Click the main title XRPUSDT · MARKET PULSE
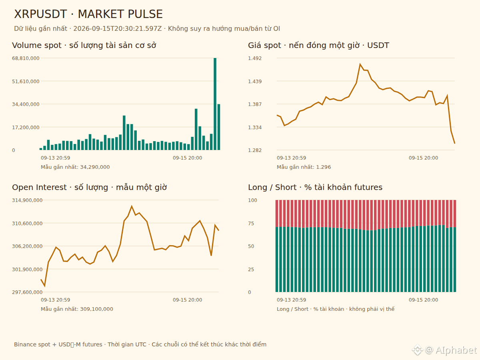[88, 14]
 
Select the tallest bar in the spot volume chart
[215, 104]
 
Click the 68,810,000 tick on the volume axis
[26, 58]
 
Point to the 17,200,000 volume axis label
[26, 127]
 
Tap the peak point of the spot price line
[360, 64]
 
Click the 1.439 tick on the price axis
[255, 81]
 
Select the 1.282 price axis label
[255, 150]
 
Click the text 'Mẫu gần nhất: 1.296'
[304, 167]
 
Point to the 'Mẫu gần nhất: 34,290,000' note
[75, 167]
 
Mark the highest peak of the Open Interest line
[132, 206]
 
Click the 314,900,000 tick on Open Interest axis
[27, 200]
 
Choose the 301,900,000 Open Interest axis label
[27, 269]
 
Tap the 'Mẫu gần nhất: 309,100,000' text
[77, 309]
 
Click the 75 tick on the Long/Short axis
[251, 223]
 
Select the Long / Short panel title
[315, 187]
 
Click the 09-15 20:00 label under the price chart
[423, 158]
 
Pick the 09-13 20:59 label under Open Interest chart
[56, 300]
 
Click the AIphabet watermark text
[456, 350]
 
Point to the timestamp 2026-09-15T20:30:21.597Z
[118, 29]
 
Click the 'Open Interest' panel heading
[39, 187]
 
